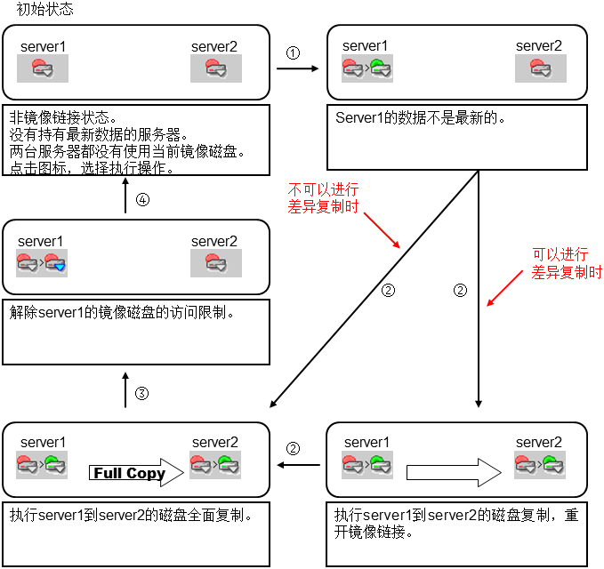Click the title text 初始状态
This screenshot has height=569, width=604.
click(44, 11)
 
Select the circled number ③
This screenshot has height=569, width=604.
click(141, 393)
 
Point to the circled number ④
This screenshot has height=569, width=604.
click(142, 200)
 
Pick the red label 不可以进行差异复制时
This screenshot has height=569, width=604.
click(323, 197)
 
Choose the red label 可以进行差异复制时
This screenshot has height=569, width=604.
click(566, 263)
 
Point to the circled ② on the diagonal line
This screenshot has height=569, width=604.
click(387, 290)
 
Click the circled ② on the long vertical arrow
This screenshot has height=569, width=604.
click(460, 290)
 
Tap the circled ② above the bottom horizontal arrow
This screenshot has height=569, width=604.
click(294, 449)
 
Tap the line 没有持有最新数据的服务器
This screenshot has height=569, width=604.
click(98, 134)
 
